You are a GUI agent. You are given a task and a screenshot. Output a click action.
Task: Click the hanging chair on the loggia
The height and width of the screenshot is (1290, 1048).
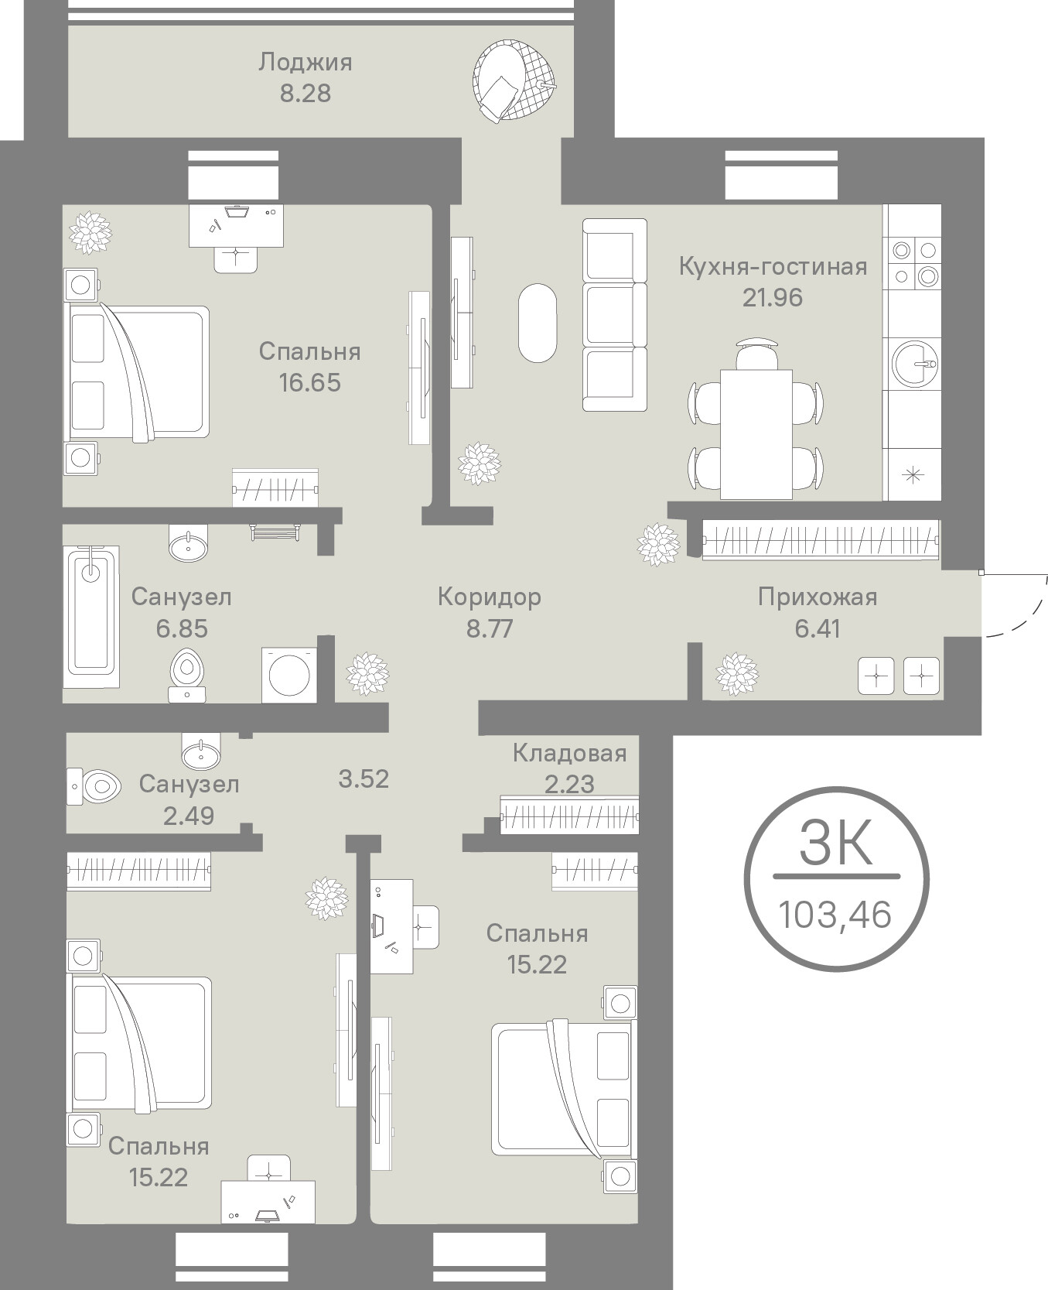pyautogui.click(x=515, y=81)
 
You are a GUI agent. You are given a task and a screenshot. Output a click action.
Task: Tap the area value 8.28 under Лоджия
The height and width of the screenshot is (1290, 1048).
pyautogui.click(x=306, y=93)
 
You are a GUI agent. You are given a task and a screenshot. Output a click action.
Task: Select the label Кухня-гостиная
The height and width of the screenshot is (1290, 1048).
pyautogui.click(x=773, y=267)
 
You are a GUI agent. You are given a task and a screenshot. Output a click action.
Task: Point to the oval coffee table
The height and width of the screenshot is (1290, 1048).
pyautogui.click(x=537, y=323)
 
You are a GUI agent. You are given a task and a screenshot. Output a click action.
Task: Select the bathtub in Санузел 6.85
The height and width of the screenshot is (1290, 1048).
pyautogui.click(x=91, y=617)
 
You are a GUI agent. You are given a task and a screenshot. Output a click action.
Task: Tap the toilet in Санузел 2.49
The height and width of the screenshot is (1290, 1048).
pyautogui.click(x=94, y=787)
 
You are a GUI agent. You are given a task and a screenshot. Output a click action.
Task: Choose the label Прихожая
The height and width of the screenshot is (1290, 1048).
pyautogui.click(x=818, y=597)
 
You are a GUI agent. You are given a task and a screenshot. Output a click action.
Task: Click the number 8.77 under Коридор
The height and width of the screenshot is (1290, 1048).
pyautogui.click(x=490, y=628)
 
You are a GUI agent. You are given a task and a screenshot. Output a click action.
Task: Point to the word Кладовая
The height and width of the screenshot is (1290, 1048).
pyautogui.click(x=570, y=753)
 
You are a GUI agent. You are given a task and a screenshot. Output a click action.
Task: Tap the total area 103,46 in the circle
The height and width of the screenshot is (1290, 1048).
pyautogui.click(x=835, y=915)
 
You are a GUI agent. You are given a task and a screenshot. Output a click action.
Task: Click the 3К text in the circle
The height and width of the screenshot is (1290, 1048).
pyautogui.click(x=836, y=843)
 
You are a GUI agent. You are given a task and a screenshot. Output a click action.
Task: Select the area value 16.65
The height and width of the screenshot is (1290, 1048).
pyautogui.click(x=310, y=382)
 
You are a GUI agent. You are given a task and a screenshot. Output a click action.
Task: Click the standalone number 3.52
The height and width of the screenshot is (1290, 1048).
pyautogui.click(x=364, y=778)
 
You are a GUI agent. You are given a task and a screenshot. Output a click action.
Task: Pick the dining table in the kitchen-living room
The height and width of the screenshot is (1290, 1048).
pyautogui.click(x=756, y=433)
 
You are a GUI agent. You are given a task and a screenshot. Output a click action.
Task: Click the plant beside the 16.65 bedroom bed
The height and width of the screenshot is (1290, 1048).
pyautogui.click(x=91, y=232)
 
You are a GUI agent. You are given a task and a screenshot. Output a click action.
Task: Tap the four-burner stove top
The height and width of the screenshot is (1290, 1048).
pyautogui.click(x=913, y=263)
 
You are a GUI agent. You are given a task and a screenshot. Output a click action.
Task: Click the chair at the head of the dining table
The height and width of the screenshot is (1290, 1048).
pyautogui.click(x=756, y=353)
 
